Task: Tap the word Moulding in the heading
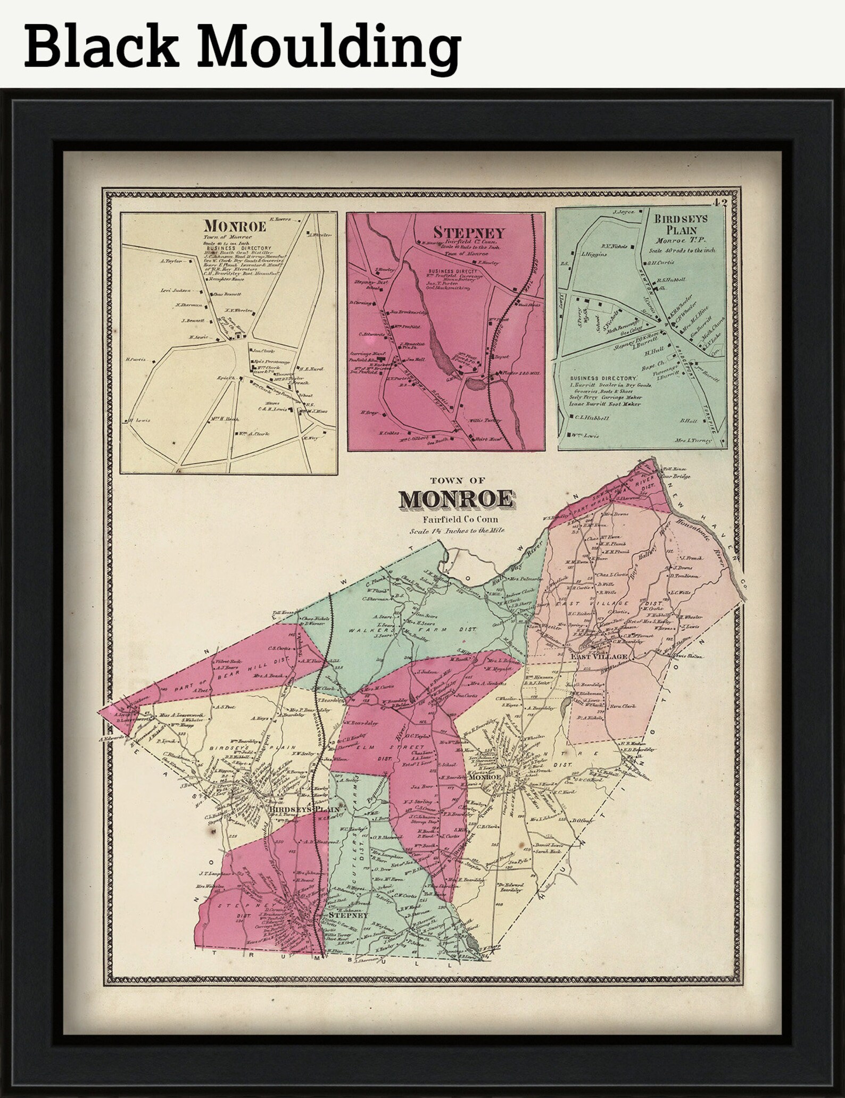coord(333,48)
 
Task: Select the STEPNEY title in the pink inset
coord(468,232)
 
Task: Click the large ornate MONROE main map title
coord(457,500)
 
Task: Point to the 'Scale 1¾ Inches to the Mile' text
coord(457,530)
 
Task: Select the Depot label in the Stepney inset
coord(501,357)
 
